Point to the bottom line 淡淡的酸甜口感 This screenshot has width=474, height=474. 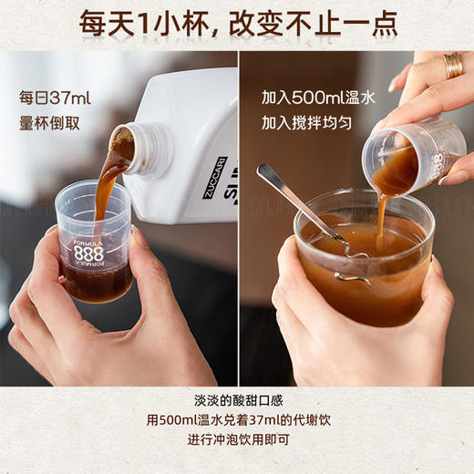(236, 405)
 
